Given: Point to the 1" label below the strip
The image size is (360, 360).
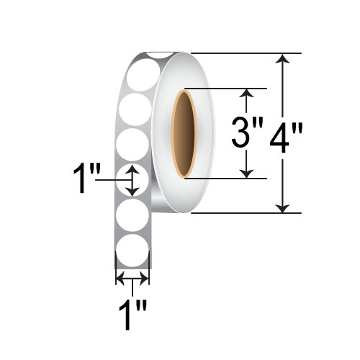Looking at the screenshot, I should click(133, 315).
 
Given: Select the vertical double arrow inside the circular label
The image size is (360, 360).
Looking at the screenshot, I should click(132, 180).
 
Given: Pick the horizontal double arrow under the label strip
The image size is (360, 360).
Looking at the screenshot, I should click(132, 278).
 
